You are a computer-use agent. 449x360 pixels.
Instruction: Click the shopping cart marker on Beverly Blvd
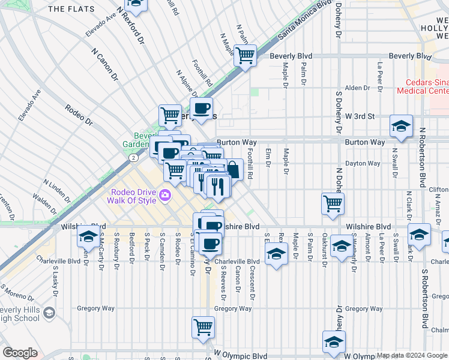pos(245,56)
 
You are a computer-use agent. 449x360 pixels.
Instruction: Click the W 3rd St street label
pos(359,116)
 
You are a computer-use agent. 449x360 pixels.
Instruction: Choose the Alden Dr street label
pos(357,88)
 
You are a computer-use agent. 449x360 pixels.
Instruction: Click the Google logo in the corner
pos(20,353)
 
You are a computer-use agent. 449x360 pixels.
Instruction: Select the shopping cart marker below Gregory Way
pos(203,328)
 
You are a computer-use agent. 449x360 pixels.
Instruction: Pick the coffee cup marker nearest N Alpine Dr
pos(202,109)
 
